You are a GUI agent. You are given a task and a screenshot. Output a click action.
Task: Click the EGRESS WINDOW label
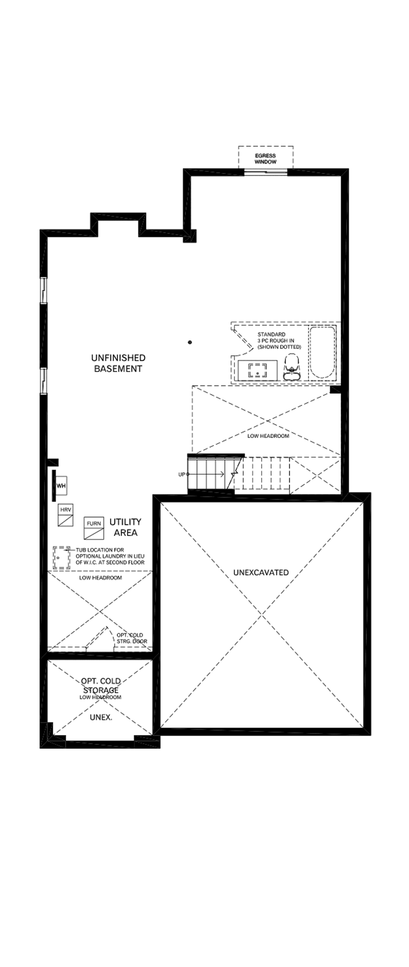click(x=265, y=159)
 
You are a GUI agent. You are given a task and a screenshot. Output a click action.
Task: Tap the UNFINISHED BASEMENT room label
click(x=118, y=363)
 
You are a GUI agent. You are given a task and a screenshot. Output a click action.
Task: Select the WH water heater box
click(x=61, y=485)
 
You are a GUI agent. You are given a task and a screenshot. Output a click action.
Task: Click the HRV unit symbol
click(x=66, y=515)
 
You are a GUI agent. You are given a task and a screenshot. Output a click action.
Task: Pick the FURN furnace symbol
click(x=94, y=529)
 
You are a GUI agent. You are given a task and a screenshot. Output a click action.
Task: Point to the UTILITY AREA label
click(x=125, y=527)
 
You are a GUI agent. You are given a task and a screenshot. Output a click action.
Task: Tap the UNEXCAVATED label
click(x=261, y=572)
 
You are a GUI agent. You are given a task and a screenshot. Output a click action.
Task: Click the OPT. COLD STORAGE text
click(x=100, y=685)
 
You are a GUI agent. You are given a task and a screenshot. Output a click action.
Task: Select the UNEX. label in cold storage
click(x=101, y=717)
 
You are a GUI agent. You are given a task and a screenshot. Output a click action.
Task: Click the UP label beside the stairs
click(x=181, y=475)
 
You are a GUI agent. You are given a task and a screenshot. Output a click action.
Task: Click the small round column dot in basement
click(x=190, y=342)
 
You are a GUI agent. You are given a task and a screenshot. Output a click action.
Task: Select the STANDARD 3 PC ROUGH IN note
click(x=279, y=340)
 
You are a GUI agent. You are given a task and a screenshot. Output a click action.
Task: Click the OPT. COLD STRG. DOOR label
click(x=131, y=638)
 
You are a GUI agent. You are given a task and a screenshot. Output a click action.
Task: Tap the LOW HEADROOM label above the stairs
click(x=268, y=436)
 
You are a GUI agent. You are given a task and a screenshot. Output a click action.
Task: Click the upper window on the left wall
click(x=44, y=290)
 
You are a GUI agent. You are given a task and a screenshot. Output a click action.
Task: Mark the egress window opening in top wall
click(x=265, y=172)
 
